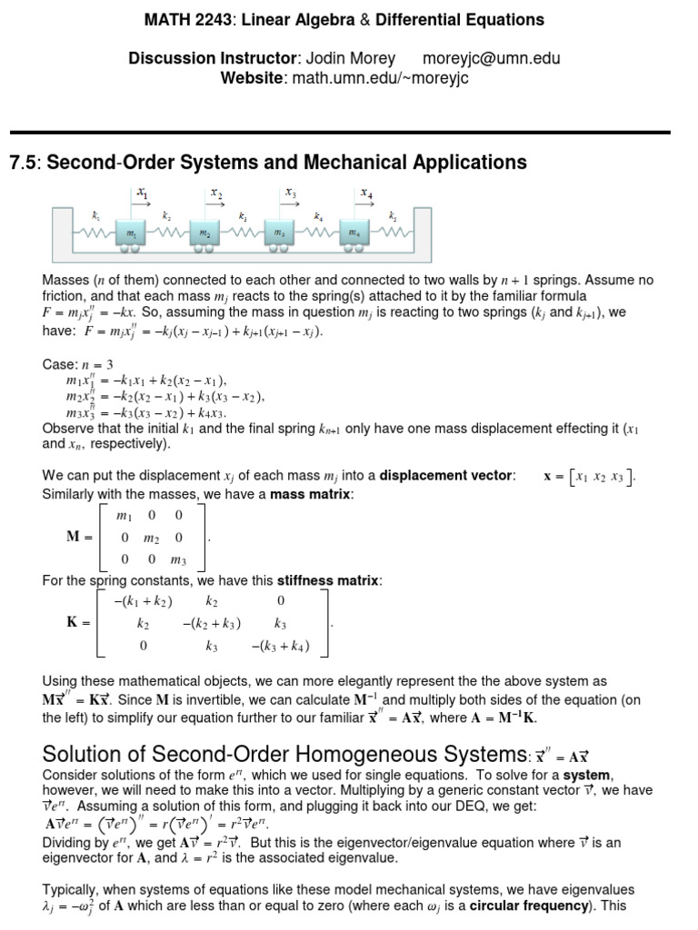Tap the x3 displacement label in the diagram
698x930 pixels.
point(290,193)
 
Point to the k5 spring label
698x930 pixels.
point(393,217)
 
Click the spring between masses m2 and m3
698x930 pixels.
point(243,233)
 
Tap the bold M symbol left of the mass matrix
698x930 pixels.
point(75,537)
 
